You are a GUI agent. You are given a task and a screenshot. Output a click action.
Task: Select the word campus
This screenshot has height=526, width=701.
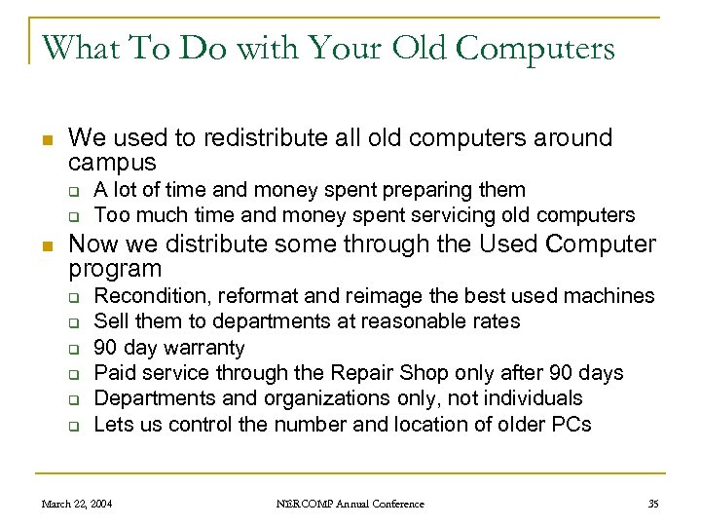[114, 161]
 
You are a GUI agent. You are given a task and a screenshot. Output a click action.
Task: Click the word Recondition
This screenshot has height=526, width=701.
[150, 295]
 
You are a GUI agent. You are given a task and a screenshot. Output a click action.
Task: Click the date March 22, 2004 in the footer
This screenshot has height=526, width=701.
[76, 504]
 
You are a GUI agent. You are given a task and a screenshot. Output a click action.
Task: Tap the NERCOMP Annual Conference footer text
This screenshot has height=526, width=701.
[350, 504]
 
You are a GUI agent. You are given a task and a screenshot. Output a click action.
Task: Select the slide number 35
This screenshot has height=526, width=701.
[652, 504]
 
